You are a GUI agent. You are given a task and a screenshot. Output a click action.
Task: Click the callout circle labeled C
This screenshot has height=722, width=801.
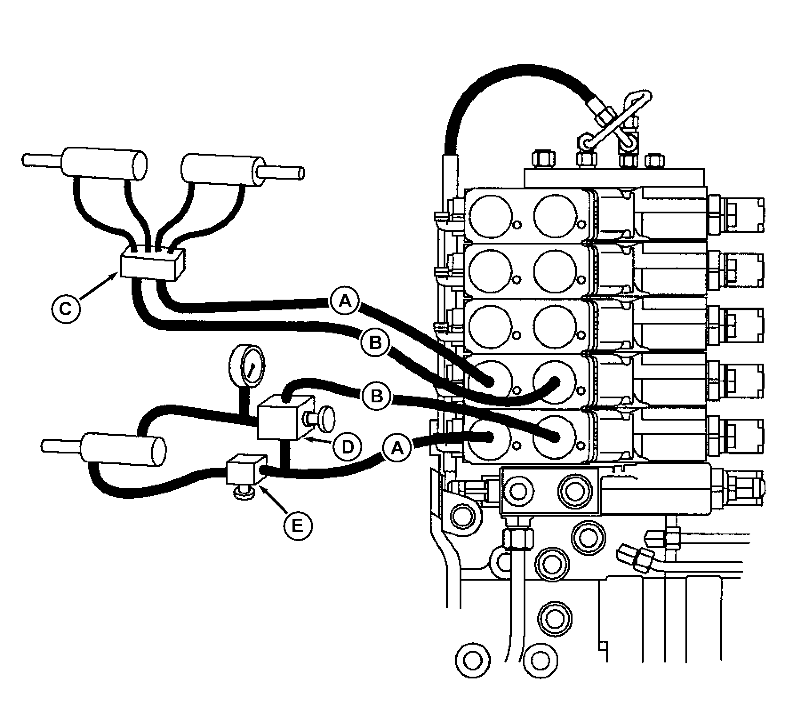point(66,308)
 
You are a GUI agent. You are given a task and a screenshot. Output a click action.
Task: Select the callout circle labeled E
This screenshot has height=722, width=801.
point(298,526)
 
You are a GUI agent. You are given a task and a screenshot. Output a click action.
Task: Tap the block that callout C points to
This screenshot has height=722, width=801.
point(152,266)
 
